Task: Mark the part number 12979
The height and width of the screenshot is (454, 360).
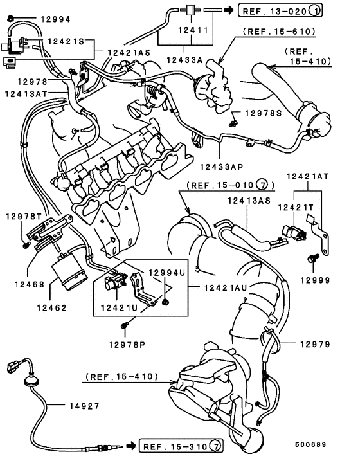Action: click(x=315, y=344)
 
